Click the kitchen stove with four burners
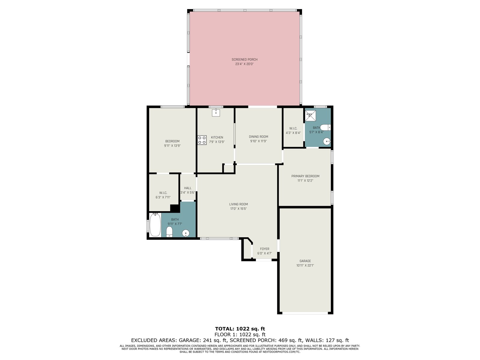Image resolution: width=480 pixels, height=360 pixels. pos(202,140)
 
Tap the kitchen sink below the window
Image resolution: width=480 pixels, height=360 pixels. pos(216,112)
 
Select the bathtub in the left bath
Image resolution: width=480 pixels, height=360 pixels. pos(155,225)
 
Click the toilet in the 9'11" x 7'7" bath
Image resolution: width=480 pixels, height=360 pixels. pos(169,232)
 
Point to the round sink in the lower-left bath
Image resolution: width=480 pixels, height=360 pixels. pos(186,233)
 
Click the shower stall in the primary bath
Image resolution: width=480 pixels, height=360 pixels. pos(310,115)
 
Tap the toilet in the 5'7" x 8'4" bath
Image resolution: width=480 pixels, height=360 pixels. pos(325,127)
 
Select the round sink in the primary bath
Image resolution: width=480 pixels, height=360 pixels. pos(327,141)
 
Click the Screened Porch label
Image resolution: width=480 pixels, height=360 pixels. pos(244,59)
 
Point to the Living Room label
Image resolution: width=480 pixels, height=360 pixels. pos(238,204)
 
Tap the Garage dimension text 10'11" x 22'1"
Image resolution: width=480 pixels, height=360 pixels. pos(305,265)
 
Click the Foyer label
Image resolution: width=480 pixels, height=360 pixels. pos(265,249)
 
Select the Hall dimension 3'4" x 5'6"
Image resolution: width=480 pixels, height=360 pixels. pos(187,193)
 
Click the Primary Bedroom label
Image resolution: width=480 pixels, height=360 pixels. pos(305,176)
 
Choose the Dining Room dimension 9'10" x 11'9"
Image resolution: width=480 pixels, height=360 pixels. pos(259,141)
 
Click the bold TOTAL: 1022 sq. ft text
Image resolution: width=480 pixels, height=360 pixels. pos(240,329)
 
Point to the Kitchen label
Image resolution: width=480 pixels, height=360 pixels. pos(217,137)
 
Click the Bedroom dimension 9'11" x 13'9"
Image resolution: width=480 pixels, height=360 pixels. pos(172,145)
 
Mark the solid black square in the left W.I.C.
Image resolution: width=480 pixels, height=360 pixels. pos(175,208)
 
